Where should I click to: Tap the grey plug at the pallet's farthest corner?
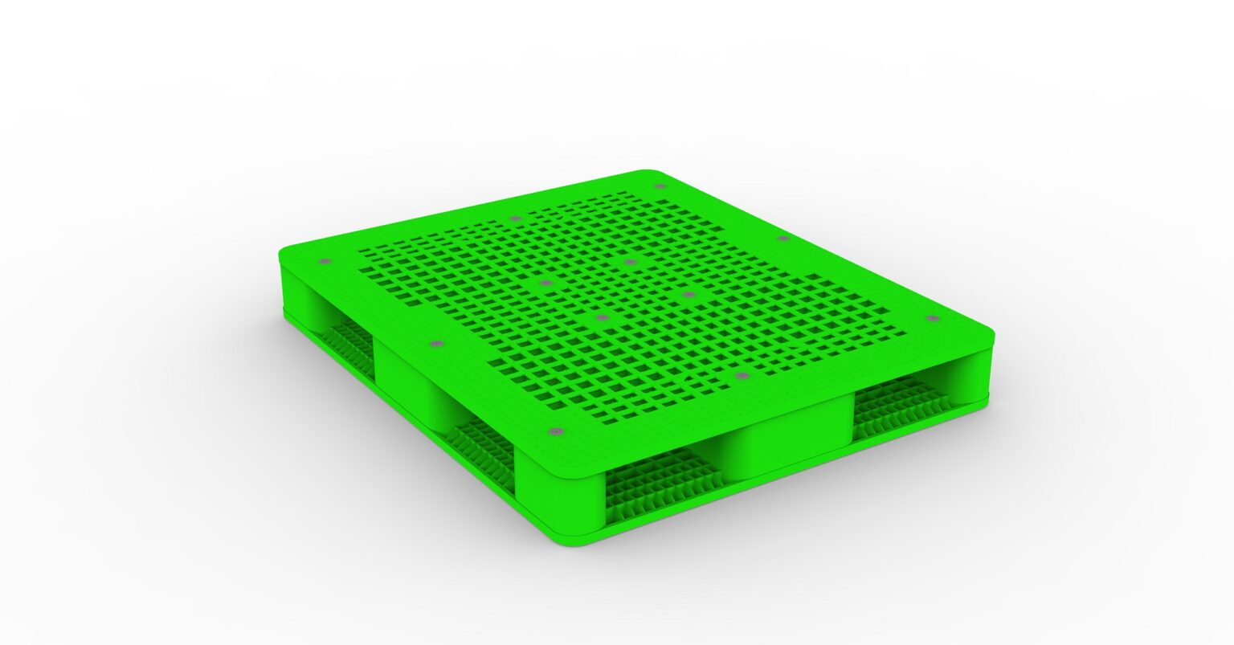click(660, 186)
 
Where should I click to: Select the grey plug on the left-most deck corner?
click(325, 263)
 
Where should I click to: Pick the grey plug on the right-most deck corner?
click(932, 319)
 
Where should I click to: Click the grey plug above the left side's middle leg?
click(437, 344)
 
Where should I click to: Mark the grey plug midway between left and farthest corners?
click(515, 218)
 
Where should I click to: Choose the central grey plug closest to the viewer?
click(602, 318)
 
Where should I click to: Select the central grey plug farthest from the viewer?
click(631, 262)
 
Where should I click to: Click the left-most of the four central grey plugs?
click(546, 283)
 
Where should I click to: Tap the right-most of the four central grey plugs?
click(689, 295)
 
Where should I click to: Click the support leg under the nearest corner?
click(562, 498)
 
